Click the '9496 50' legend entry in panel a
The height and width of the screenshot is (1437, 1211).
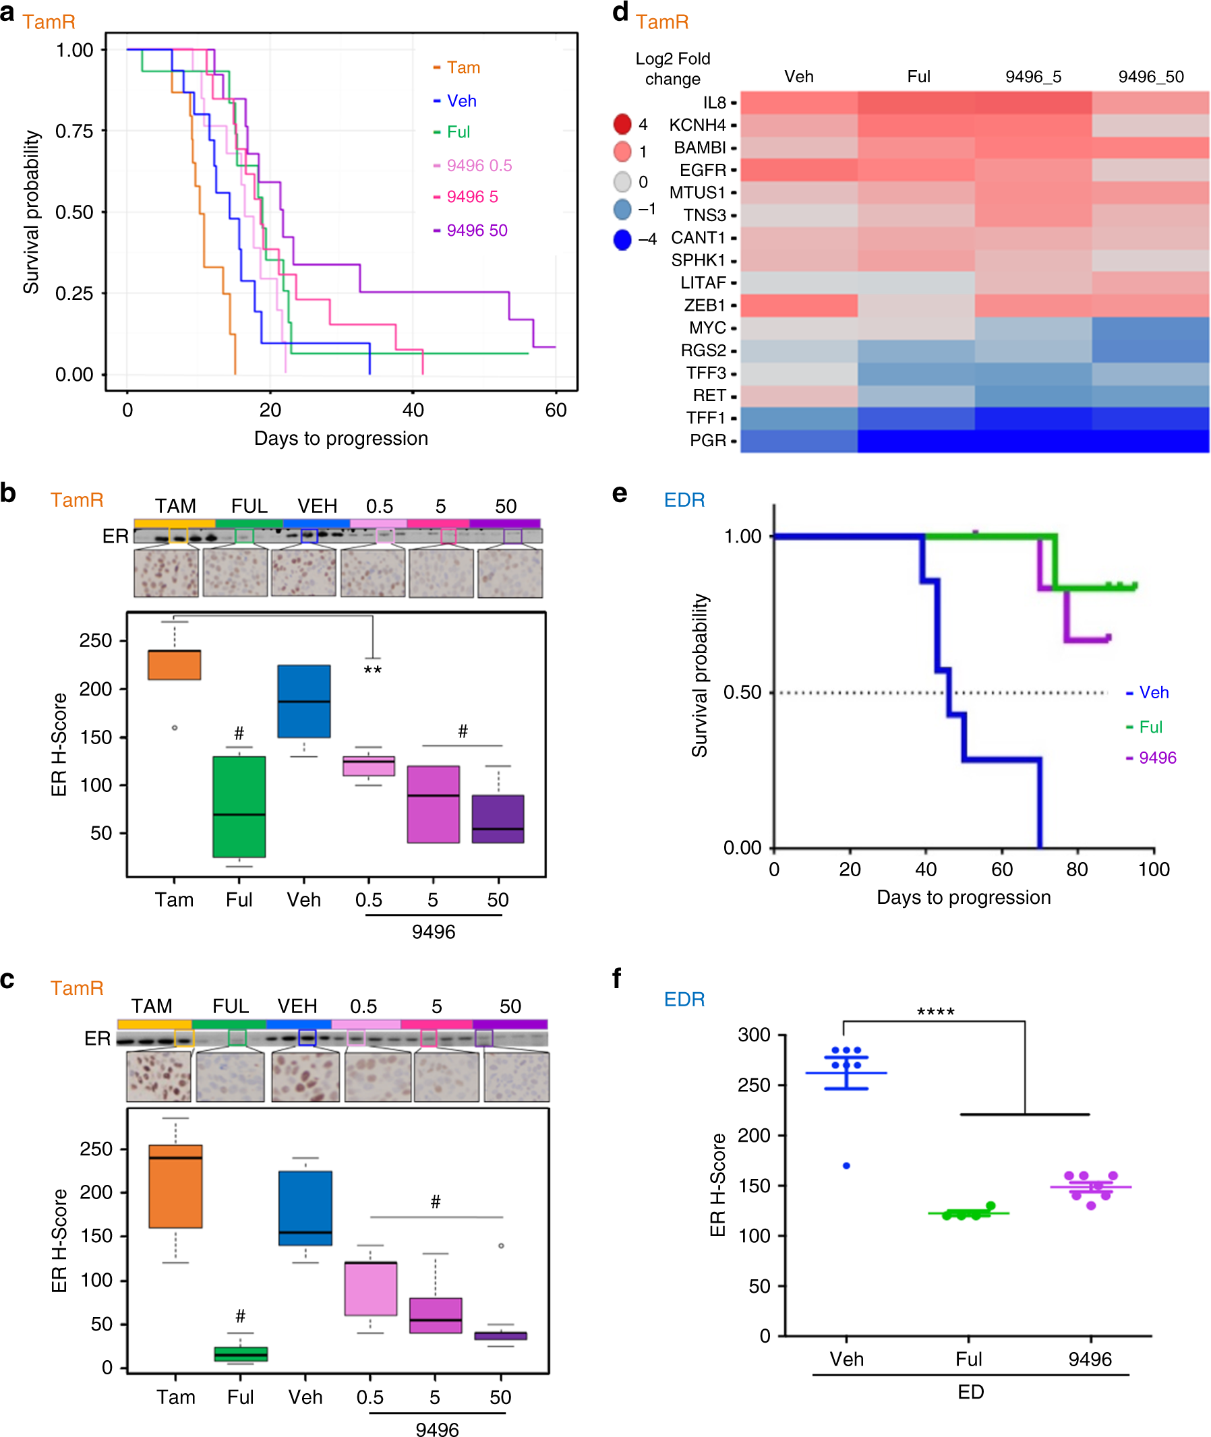tap(477, 230)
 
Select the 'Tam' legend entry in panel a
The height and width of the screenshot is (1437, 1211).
tap(463, 67)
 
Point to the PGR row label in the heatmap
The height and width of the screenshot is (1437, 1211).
tap(707, 440)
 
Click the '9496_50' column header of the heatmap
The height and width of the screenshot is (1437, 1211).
tap(1150, 77)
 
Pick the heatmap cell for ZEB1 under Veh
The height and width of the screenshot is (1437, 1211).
tap(798, 305)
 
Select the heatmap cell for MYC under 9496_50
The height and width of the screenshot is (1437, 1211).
tap(1150, 328)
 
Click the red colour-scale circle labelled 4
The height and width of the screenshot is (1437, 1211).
tap(622, 124)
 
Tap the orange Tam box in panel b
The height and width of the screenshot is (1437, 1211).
tap(175, 665)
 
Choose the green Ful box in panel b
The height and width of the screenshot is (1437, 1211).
tap(239, 806)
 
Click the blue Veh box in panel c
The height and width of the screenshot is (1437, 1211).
tap(305, 1208)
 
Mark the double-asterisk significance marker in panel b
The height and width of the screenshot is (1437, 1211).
tap(372, 670)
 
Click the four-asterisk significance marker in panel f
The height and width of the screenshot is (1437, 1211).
tap(935, 1012)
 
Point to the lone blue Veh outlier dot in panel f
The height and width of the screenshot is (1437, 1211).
tap(846, 1166)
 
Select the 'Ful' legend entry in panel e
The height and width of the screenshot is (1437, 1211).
tap(1150, 727)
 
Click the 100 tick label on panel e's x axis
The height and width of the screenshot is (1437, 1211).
tap(1153, 869)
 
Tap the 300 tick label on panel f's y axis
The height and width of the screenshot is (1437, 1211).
tap(754, 1035)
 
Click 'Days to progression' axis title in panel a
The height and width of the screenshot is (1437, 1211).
tap(341, 438)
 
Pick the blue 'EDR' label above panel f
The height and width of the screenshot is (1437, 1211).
tap(684, 999)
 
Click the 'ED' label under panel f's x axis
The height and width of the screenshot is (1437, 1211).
tap(970, 1392)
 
